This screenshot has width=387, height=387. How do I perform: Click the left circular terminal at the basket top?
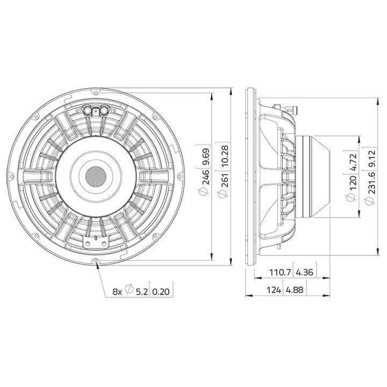tap(87, 110)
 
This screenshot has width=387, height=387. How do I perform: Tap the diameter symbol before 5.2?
tap(129, 291)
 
